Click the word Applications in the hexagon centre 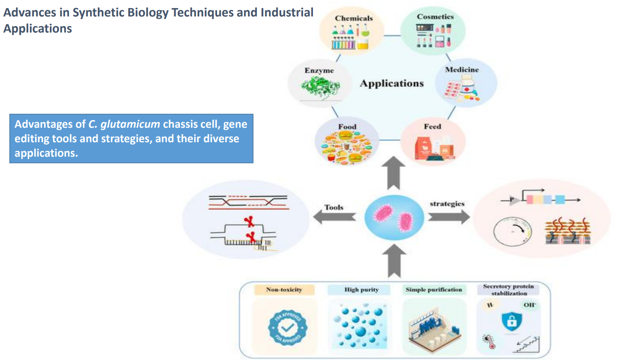[392, 84]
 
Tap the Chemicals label [354, 18]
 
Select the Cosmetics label [435, 17]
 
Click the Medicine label [462, 70]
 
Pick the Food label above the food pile [347, 127]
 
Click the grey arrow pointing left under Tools [334, 217]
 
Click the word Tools [334, 207]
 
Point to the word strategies [447, 204]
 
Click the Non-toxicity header [284, 290]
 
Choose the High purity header [361, 290]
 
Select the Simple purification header [434, 290]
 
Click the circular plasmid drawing [512, 231]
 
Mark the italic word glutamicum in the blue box [130, 124]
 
